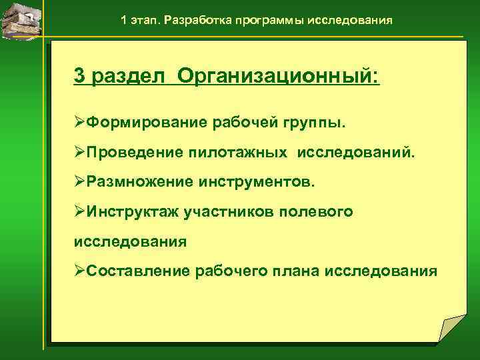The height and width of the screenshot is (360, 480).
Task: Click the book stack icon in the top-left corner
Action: (x=21, y=19)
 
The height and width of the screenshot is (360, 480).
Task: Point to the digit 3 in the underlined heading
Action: (x=79, y=75)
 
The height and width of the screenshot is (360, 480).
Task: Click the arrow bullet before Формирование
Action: (x=80, y=123)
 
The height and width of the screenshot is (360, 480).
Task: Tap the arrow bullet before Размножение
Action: (x=80, y=182)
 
